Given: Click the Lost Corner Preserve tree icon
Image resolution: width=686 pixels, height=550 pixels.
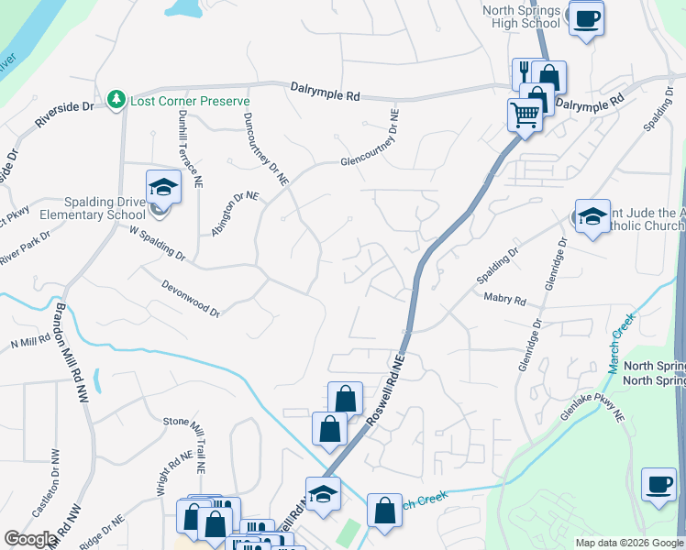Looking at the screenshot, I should (116, 98).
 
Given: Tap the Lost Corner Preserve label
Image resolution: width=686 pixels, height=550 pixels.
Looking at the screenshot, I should (179, 99).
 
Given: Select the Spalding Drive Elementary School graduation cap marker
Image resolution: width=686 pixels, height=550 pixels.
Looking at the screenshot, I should (163, 188).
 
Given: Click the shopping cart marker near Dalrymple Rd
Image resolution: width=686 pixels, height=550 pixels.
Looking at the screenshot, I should (525, 115).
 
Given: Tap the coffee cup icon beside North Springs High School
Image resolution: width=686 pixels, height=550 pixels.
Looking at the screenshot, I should (586, 17).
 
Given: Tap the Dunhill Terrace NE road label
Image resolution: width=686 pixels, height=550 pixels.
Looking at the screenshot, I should (189, 144).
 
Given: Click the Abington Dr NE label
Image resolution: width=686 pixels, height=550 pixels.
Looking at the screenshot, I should (235, 214).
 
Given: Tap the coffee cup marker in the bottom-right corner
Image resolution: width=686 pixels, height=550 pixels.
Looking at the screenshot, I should (658, 484).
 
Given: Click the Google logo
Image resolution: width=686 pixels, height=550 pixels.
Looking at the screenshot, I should (30, 539).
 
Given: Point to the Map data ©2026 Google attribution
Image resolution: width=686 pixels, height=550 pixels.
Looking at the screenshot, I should (629, 543).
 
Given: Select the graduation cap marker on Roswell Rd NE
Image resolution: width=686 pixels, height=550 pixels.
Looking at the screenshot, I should (323, 494).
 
